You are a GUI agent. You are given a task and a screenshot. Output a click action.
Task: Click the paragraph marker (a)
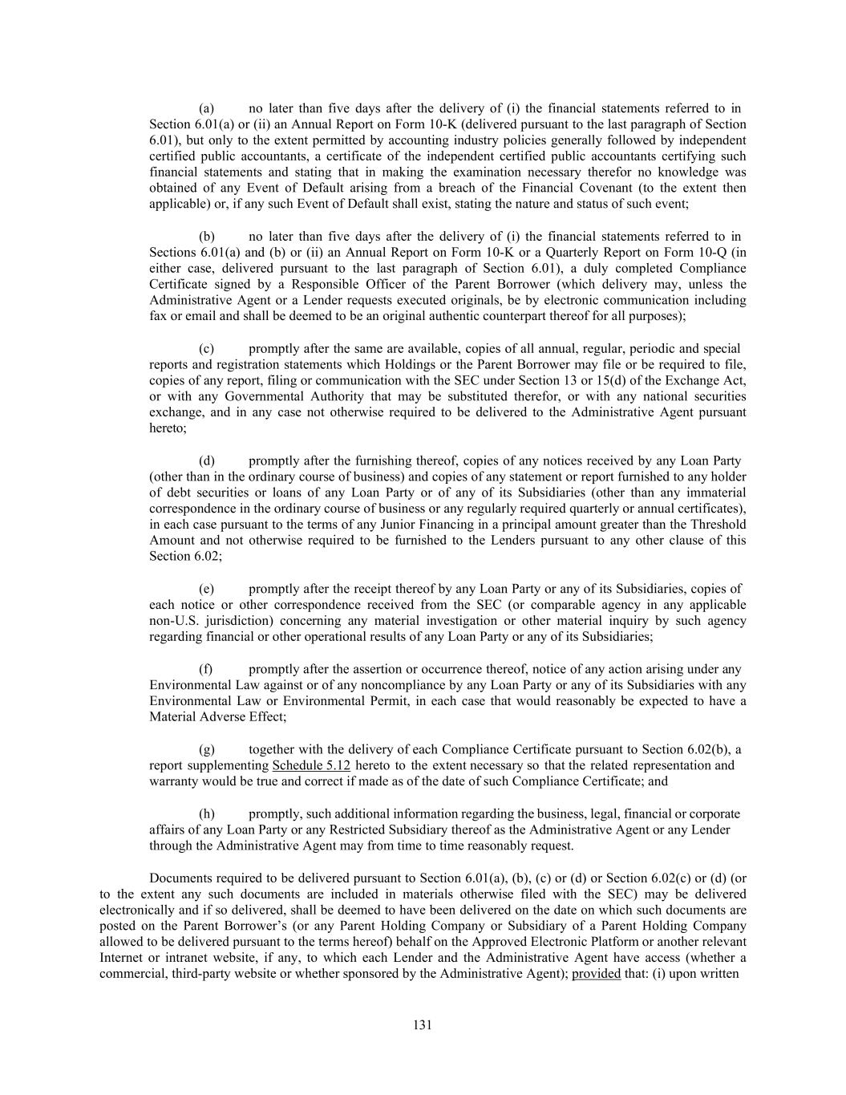[x=206, y=108]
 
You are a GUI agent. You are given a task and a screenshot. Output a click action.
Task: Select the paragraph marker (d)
[x=206, y=461]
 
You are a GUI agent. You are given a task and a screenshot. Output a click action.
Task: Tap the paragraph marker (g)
[x=206, y=750]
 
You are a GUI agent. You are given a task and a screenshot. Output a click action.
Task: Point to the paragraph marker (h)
[x=206, y=814]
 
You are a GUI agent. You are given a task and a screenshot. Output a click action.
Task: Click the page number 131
[x=423, y=1025]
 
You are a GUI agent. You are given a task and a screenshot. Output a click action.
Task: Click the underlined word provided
[x=596, y=975]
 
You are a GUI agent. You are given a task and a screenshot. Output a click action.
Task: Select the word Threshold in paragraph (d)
[x=718, y=525]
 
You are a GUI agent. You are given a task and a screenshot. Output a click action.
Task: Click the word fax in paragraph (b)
[x=157, y=317]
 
